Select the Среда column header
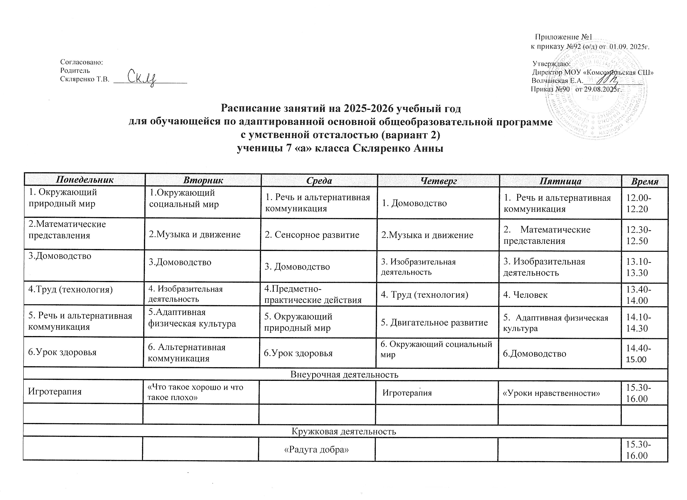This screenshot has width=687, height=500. click(x=319, y=181)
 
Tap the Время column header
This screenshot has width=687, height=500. click(x=644, y=181)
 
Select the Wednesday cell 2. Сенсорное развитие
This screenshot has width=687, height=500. click(x=312, y=235)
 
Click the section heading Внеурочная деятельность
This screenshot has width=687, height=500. click(x=344, y=375)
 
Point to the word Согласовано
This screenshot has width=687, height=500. click(x=81, y=62)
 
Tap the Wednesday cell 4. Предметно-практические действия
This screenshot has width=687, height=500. click(x=313, y=294)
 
